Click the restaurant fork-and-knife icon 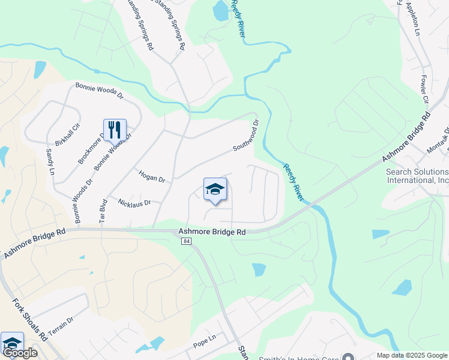click(x=115, y=130)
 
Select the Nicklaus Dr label click(x=134, y=202)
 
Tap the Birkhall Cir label click(x=67, y=136)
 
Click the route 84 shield click(x=185, y=241)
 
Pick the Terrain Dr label click(x=61, y=325)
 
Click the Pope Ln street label click(x=204, y=345)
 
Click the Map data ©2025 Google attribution click(x=412, y=355)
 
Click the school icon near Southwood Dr click(x=215, y=190)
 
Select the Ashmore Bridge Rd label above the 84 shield click(x=212, y=232)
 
